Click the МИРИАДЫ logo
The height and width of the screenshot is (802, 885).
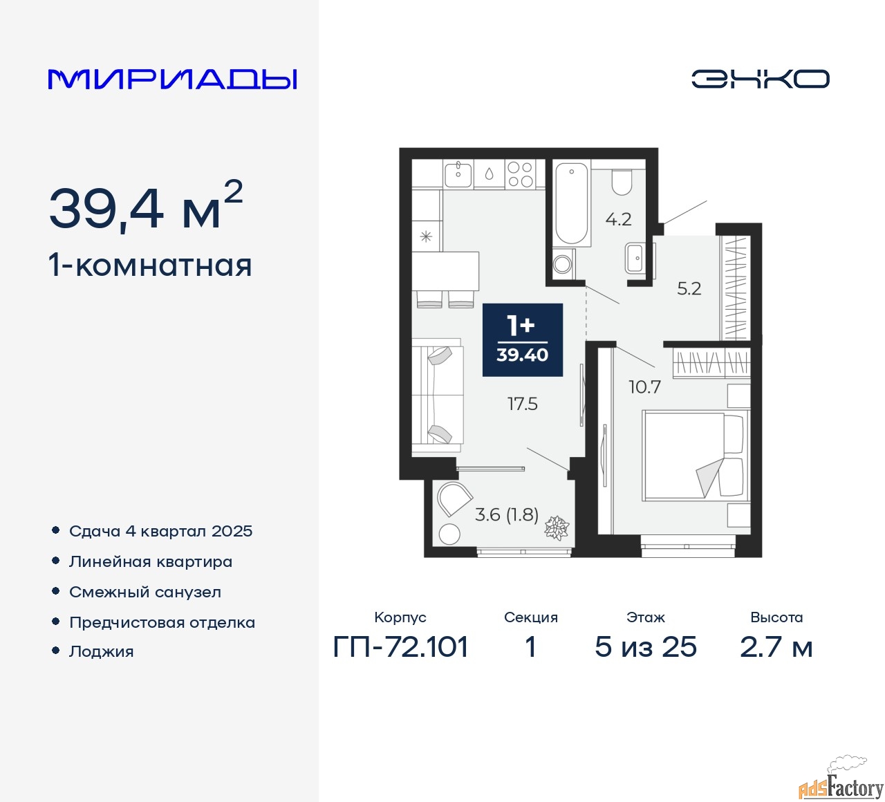coord(172,80)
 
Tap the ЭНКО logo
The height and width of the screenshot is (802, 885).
coord(760,79)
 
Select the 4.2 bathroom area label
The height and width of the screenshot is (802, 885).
coord(618,219)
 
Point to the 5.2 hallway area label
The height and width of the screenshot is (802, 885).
coord(689,288)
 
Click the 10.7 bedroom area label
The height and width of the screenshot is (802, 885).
coord(644,387)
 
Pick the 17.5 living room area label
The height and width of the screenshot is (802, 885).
coord(522,404)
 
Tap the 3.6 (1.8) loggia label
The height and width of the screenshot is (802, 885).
coord(507,514)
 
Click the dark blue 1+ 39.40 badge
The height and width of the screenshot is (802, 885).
coord(522,339)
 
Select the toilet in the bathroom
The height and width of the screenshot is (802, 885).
coord(622,183)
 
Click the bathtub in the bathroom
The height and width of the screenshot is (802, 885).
coord(571,203)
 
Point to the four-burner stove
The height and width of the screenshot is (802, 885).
coord(520,174)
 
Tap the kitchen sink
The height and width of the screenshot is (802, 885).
coord(458,174)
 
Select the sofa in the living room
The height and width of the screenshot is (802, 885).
coord(438,395)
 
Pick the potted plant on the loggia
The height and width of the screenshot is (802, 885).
coord(557,527)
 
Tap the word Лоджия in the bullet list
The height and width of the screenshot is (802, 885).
coord(101,652)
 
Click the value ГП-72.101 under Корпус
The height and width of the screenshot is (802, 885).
coord(400,646)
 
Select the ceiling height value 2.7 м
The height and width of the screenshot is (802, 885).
coord(776,646)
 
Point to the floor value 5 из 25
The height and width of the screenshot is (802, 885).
coord(646,646)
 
